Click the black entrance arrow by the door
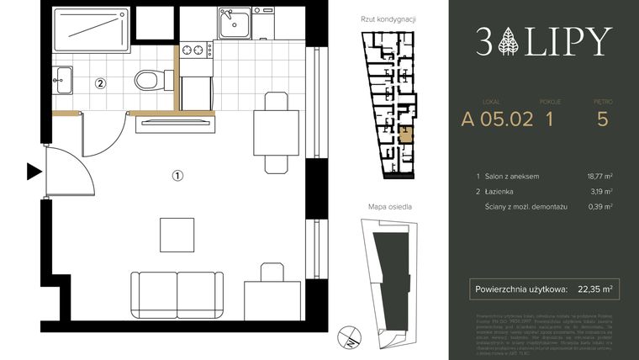pyautogui.click(x=34, y=172)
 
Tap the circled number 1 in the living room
pyautogui.click(x=177, y=176)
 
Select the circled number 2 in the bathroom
pyautogui.click(x=100, y=83)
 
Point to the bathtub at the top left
pyautogui.click(x=87, y=34)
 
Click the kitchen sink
pyautogui.click(x=235, y=25)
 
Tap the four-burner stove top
pyautogui.click(x=197, y=50)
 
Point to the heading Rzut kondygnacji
pyautogui.click(x=389, y=19)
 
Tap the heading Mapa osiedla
pyautogui.click(x=389, y=206)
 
